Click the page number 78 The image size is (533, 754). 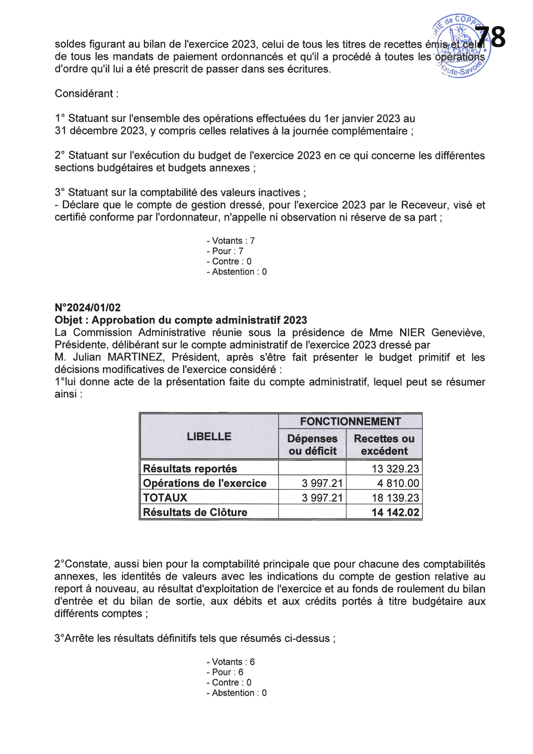click(x=491, y=37)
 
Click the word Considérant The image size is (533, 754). click(x=84, y=94)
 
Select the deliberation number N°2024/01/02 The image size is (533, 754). click(x=88, y=307)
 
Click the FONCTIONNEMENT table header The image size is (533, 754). click(x=350, y=421)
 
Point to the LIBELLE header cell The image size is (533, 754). click(x=209, y=436)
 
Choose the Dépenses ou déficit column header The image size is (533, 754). click(x=312, y=444)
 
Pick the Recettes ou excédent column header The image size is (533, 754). click(x=384, y=444)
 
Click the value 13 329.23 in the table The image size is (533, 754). click(x=395, y=469)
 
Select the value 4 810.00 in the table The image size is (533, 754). click(x=398, y=483)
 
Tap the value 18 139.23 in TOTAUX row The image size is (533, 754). click(x=395, y=498)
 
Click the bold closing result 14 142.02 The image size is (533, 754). click(x=395, y=512)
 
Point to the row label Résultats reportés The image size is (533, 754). click(x=190, y=469)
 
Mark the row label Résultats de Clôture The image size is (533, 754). click(x=195, y=512)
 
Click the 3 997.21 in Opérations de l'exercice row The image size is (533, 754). click(x=322, y=483)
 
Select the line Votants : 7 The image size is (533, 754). click(x=231, y=241)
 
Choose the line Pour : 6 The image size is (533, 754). click(x=225, y=672)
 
